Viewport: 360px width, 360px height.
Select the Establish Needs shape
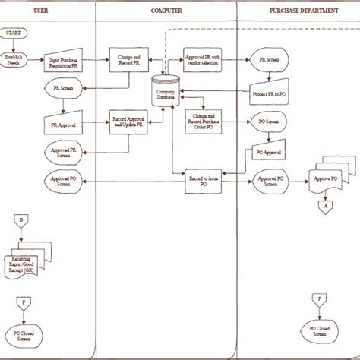tap(14, 60)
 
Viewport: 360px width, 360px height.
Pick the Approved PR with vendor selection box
tap(204, 60)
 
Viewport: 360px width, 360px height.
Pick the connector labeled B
tap(21, 221)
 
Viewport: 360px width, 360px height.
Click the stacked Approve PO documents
tap(327, 178)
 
